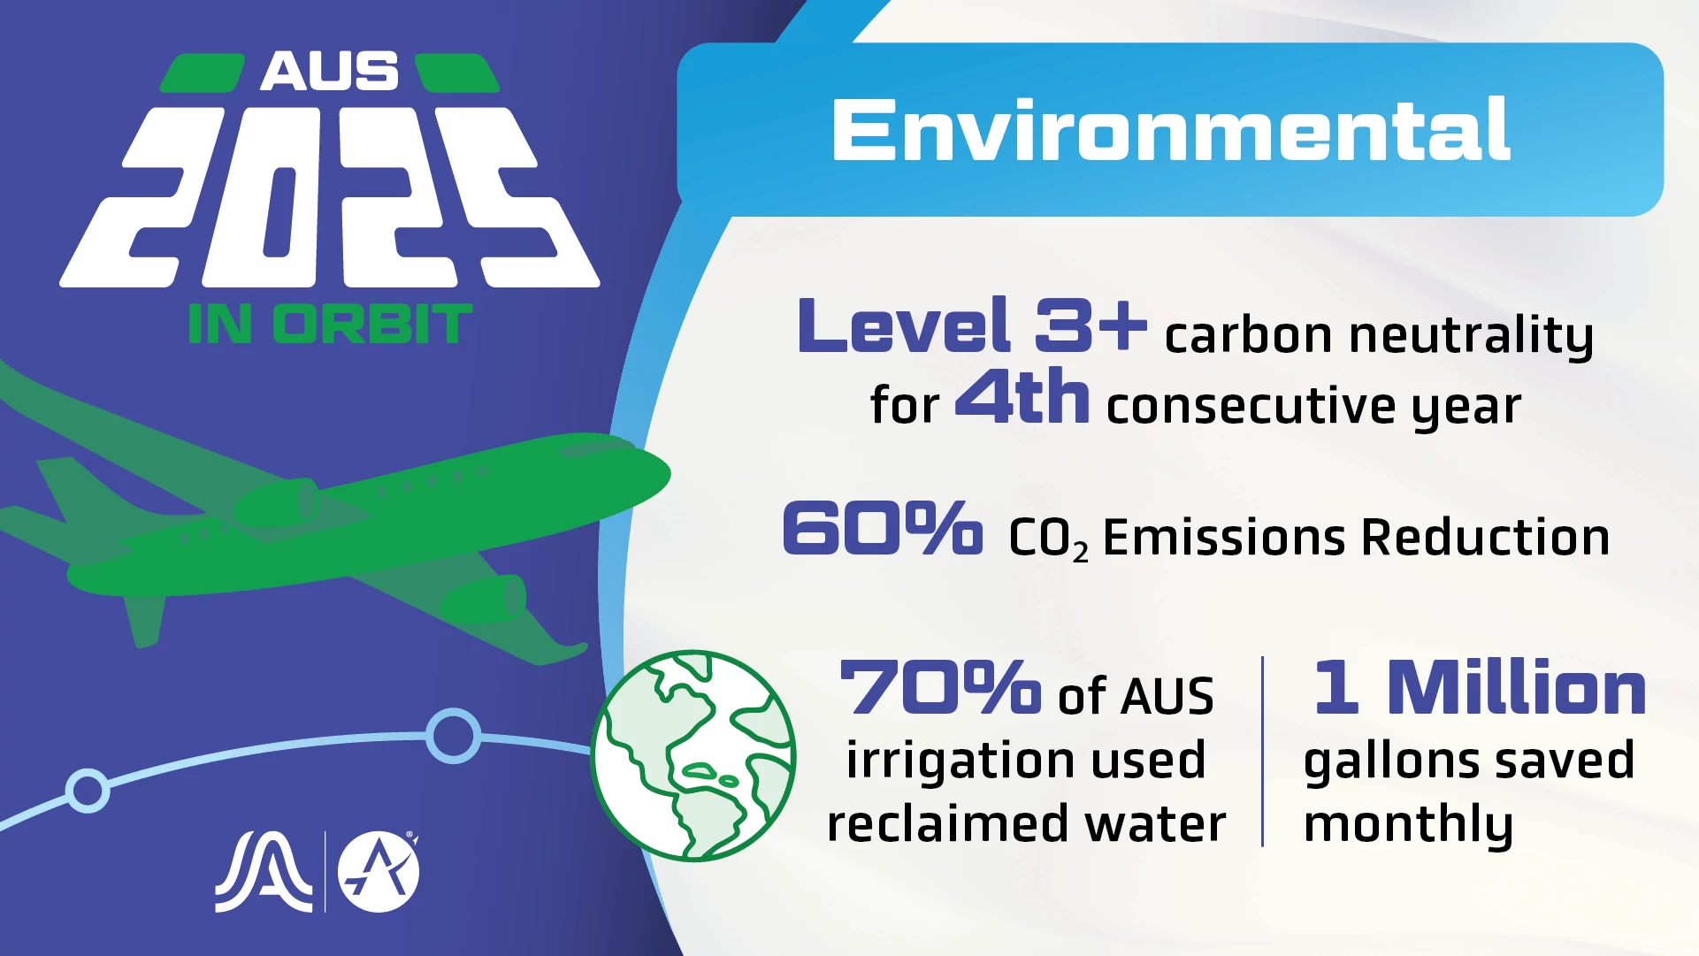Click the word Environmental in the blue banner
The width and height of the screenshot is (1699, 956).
[1170, 130]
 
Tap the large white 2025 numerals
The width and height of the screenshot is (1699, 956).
[329, 197]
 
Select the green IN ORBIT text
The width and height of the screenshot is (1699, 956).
[330, 324]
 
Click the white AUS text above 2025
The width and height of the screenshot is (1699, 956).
[329, 72]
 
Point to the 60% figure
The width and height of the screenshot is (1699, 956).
[882, 529]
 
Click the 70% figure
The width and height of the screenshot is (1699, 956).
[939, 687]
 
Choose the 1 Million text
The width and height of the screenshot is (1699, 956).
[1479, 687]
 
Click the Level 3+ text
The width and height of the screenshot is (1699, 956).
[971, 325]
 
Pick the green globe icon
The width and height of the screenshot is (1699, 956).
[693, 756]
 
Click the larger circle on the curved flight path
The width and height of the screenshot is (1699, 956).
[453, 735]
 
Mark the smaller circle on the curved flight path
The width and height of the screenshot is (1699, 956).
[88, 789]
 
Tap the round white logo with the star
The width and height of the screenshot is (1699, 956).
[379, 871]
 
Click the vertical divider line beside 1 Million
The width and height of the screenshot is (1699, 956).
[1262, 752]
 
